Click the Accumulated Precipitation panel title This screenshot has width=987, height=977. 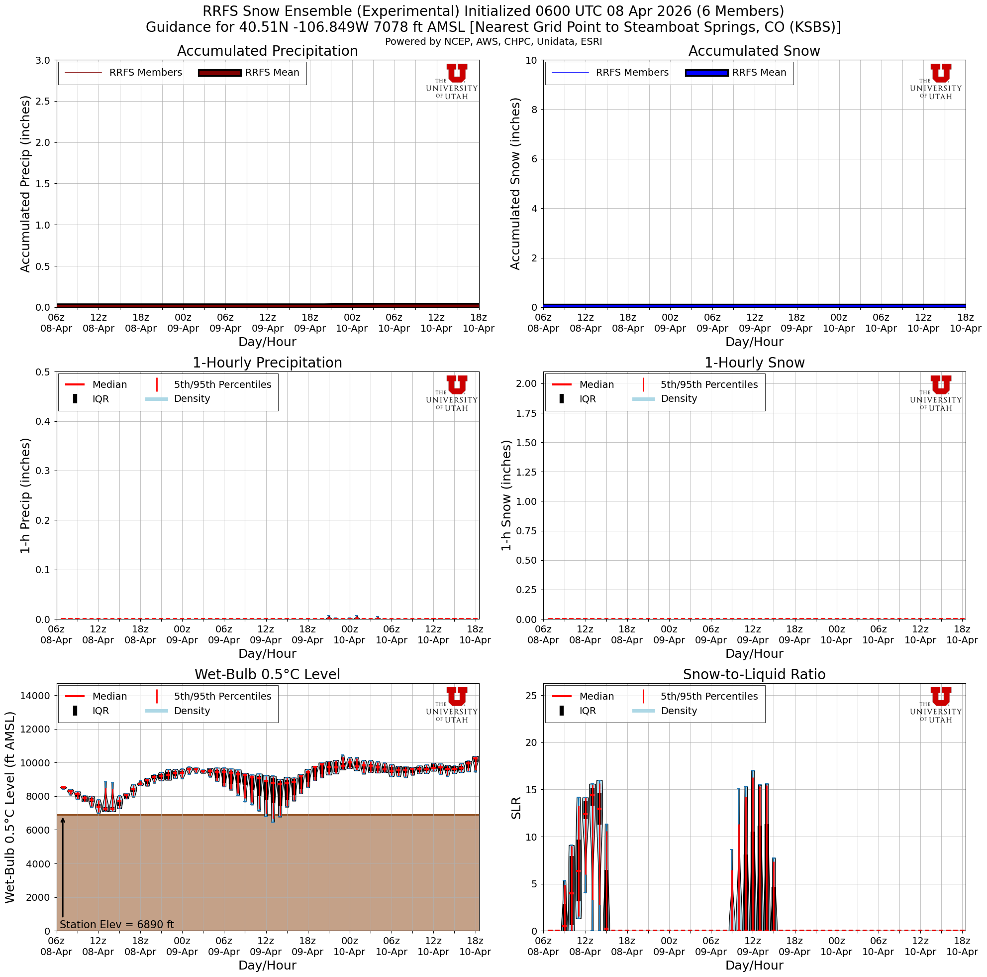267,51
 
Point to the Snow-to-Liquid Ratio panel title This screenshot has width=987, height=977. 754,674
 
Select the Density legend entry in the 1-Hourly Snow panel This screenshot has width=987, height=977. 679,399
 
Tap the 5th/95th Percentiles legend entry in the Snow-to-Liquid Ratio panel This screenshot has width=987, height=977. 708,696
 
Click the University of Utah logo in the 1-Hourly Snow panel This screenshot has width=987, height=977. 935,392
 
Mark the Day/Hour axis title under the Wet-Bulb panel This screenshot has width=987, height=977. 267,965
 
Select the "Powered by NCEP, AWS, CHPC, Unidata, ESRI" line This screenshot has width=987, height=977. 493,42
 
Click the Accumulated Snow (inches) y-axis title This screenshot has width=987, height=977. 515,184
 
